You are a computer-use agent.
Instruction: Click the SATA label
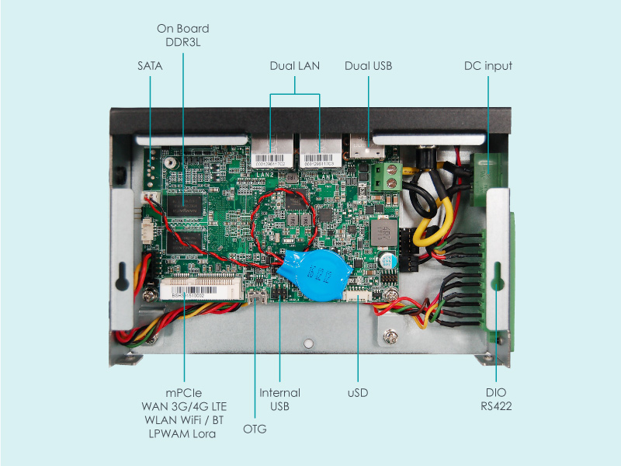[x=149, y=66]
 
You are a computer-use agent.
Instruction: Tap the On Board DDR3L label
[x=182, y=36]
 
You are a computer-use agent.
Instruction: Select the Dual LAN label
[x=294, y=66]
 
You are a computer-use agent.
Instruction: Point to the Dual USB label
[x=368, y=66]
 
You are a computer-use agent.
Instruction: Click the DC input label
[x=487, y=66]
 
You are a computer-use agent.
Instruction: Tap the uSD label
[x=357, y=393]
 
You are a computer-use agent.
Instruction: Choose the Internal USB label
[x=279, y=399]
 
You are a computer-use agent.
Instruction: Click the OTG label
[x=255, y=428]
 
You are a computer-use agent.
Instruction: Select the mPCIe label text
[x=185, y=392]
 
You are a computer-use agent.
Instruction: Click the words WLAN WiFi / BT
[x=184, y=420]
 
